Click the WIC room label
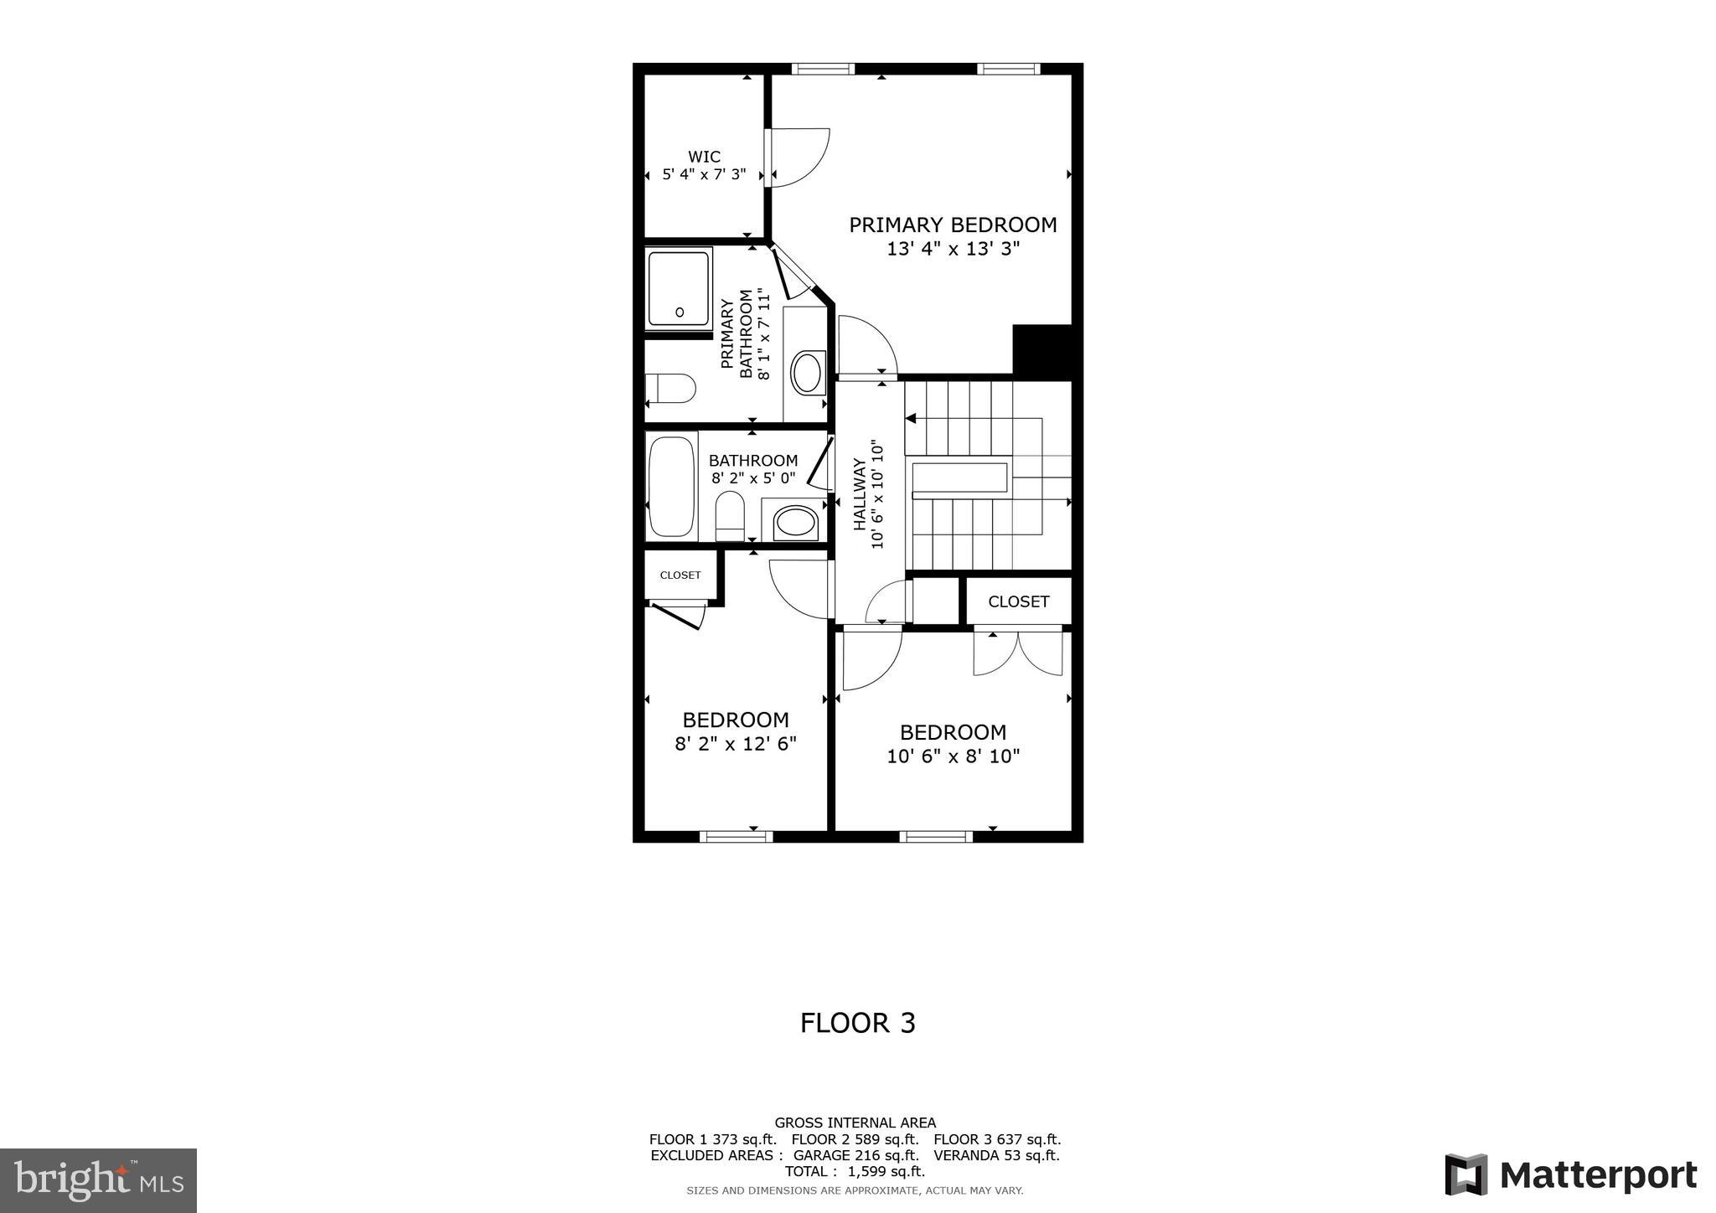click(704, 157)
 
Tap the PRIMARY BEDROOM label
click(953, 225)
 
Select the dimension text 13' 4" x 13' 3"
click(953, 249)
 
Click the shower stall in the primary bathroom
click(679, 288)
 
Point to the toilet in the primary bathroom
click(670, 388)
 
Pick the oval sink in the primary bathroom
click(807, 373)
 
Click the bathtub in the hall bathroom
click(671, 486)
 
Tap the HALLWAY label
click(860, 494)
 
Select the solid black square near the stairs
click(1041, 349)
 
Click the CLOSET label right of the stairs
click(1018, 601)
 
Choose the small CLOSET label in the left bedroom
click(680, 576)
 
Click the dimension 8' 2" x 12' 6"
click(735, 743)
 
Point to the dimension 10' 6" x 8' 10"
click(953, 756)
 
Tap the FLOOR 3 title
click(857, 1023)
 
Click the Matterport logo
click(1570, 1174)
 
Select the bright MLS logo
click(98, 1180)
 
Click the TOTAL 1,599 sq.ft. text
click(855, 1171)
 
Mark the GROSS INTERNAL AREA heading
click(855, 1123)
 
